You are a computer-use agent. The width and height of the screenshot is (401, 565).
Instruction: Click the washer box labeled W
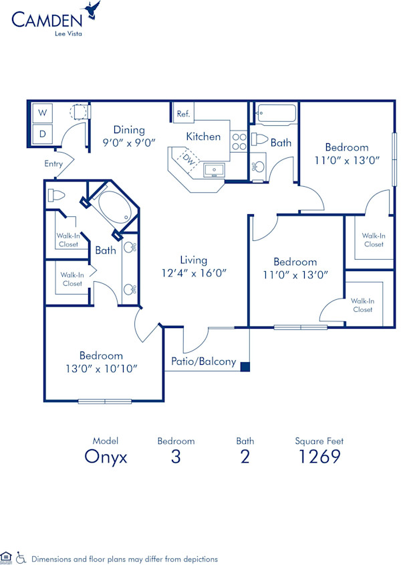coord(42,112)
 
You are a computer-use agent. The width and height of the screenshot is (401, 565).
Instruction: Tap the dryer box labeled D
coord(42,134)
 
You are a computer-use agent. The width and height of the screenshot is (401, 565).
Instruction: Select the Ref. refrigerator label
coord(183,114)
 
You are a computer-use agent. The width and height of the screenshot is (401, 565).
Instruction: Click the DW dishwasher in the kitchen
coord(188,161)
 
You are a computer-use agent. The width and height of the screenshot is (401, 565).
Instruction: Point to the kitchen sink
coord(214,170)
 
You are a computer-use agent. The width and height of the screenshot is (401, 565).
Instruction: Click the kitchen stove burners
coord(239,142)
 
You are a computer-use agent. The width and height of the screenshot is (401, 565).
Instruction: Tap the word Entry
coord(53,164)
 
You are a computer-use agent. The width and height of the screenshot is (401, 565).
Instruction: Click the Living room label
coord(194,260)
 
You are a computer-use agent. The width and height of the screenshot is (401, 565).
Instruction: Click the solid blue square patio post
coord(245,366)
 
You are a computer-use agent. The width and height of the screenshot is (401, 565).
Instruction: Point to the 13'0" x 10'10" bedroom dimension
coord(101,368)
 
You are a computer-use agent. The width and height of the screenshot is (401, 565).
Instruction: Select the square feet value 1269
coord(319,457)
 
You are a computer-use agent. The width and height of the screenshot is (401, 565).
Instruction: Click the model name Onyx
coord(105,457)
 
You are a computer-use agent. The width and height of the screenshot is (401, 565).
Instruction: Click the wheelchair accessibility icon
coord(21,557)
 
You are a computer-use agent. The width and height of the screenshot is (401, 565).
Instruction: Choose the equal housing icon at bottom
coord(7,556)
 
